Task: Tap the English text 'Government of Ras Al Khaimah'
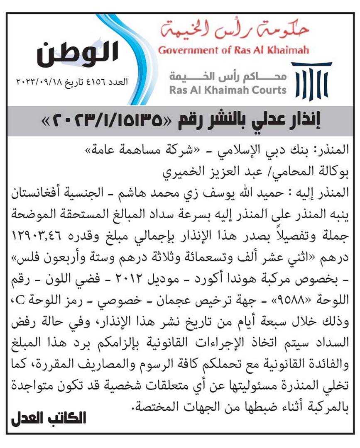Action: tap(233, 51)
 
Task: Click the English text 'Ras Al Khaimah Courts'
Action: tap(228, 90)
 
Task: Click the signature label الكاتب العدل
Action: tap(48, 417)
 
